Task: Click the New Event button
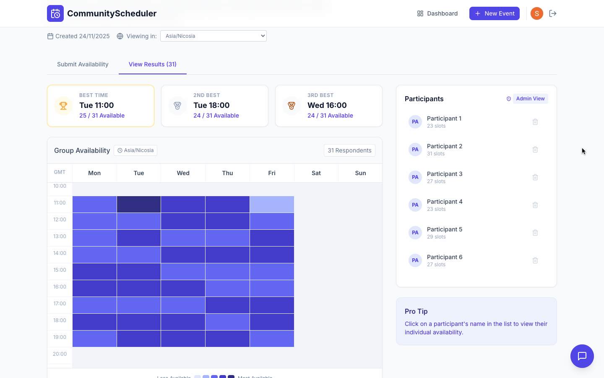click(x=494, y=13)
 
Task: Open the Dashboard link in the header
click(x=437, y=13)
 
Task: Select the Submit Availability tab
click(x=83, y=64)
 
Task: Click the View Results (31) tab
click(x=152, y=64)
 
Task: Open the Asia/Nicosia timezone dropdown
click(x=213, y=36)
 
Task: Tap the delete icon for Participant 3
click(x=535, y=177)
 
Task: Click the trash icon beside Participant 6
click(x=535, y=260)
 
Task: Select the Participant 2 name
click(x=444, y=146)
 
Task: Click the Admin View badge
click(x=530, y=99)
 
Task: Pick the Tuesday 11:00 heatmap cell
click(x=139, y=204)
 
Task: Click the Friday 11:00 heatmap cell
click(x=272, y=204)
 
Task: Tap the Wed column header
click(x=183, y=173)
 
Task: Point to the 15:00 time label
click(x=60, y=270)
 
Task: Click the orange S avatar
click(x=536, y=13)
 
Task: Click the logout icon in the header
click(x=553, y=13)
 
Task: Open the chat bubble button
click(x=582, y=356)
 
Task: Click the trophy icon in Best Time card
click(x=63, y=106)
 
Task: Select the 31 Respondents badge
click(x=349, y=150)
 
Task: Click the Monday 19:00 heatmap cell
click(x=94, y=339)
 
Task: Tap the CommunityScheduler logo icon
click(x=55, y=13)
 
